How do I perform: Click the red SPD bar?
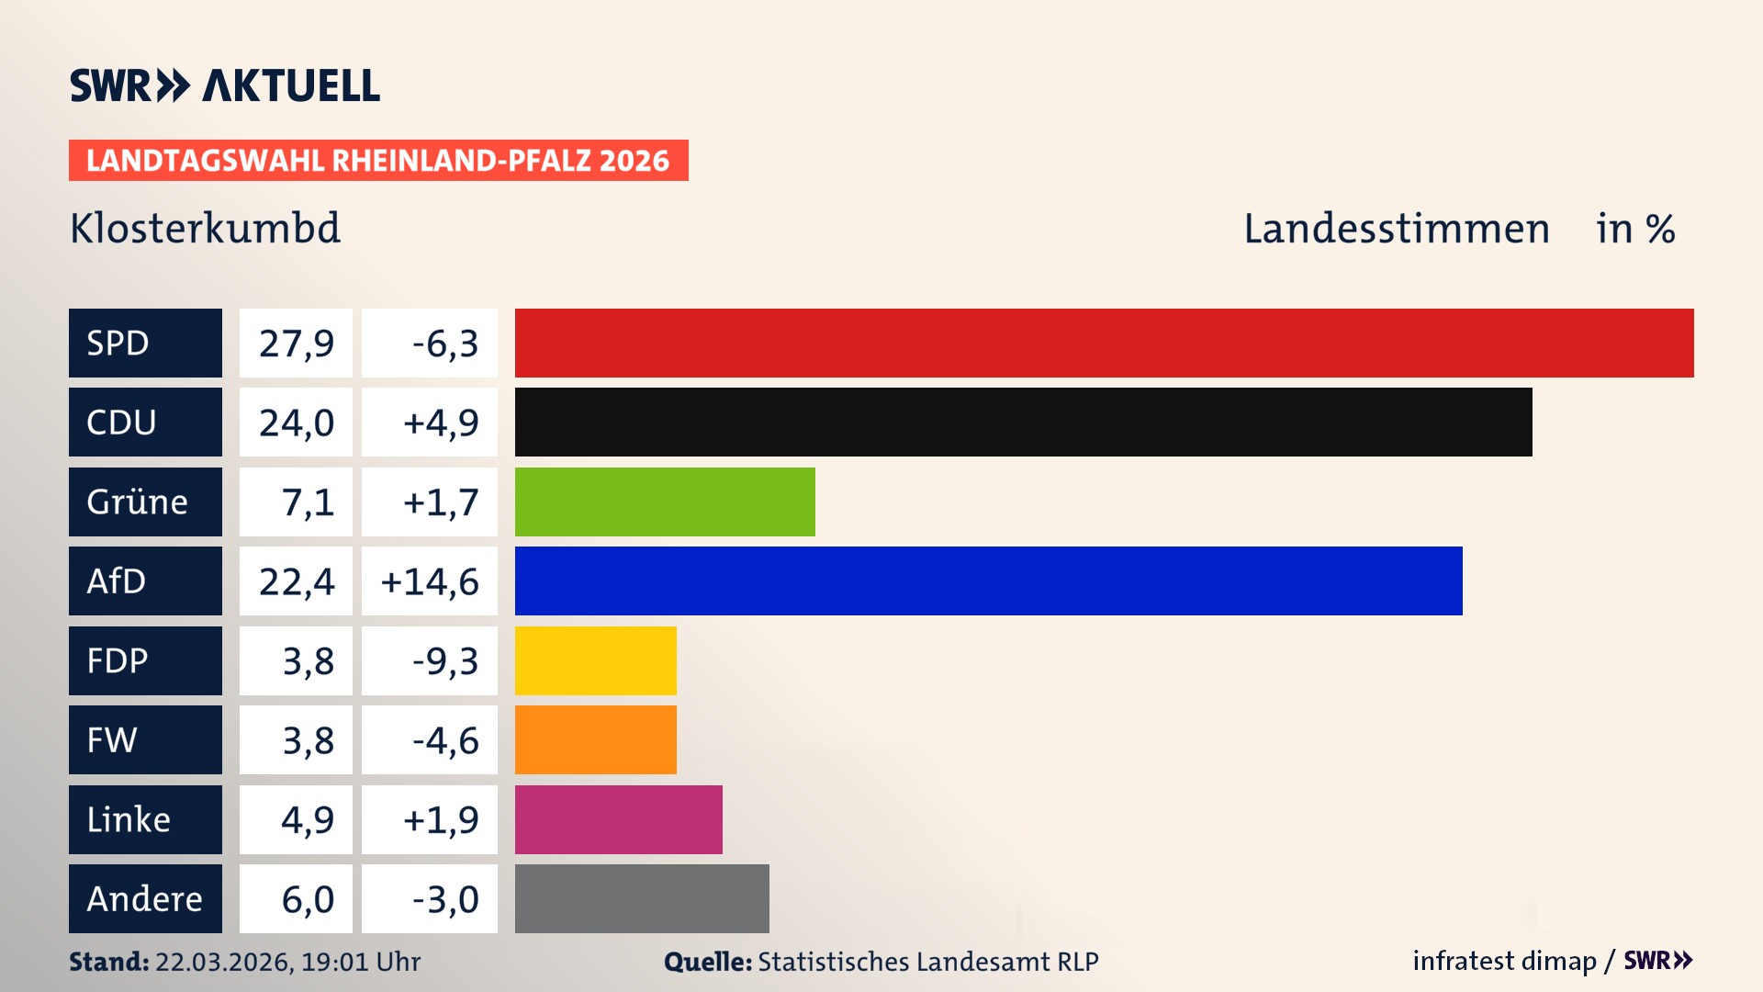click(1104, 343)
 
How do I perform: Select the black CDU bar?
click(1023, 423)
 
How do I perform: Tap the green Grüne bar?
click(665, 502)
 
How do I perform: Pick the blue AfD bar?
click(988, 581)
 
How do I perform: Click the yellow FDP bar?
click(595, 660)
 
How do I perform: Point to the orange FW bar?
click(595, 739)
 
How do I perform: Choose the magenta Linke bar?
click(618, 819)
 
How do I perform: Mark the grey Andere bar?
click(642, 898)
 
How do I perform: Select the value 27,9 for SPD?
click(296, 343)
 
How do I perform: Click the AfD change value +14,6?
click(429, 581)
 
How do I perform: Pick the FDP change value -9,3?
click(444, 660)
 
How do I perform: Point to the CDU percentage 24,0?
click(296, 423)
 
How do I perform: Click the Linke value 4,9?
click(307, 819)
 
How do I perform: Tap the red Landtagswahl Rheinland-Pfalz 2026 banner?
click(378, 160)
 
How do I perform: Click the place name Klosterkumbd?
click(205, 228)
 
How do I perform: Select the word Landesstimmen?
click(1396, 228)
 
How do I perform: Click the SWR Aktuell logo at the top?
click(225, 85)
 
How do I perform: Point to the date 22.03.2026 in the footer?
click(223, 962)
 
